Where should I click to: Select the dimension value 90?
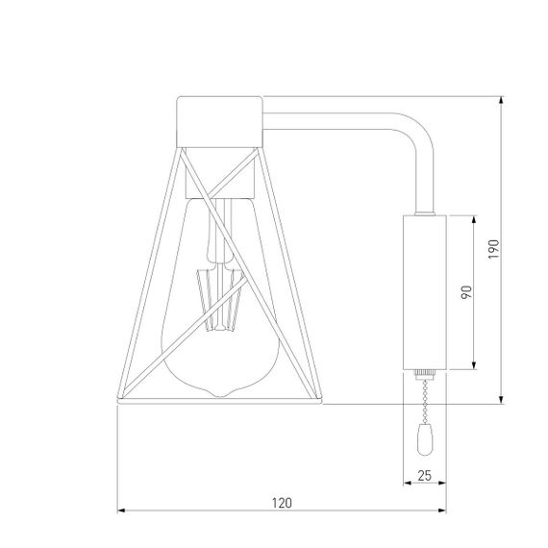[x=466, y=293]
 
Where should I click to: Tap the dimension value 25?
[x=424, y=473]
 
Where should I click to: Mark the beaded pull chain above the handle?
[x=423, y=404]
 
